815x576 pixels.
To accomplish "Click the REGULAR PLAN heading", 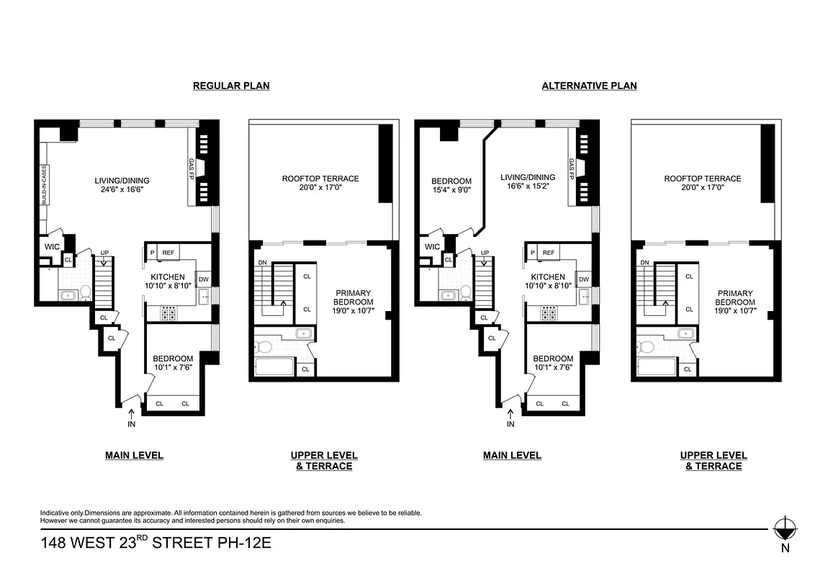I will pyautogui.click(x=231, y=86).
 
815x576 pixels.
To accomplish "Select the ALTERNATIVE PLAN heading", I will pyautogui.click(x=589, y=86).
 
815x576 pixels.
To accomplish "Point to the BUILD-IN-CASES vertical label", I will pyautogui.click(x=44, y=184).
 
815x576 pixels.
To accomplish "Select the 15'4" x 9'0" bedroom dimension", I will pyautogui.click(x=451, y=191).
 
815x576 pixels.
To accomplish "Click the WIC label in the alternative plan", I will pyautogui.click(x=432, y=247).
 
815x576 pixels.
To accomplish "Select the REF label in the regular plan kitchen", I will pyautogui.click(x=168, y=253).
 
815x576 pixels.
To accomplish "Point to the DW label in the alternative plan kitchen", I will pyautogui.click(x=584, y=279).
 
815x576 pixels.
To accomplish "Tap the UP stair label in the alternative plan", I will pyautogui.click(x=485, y=253).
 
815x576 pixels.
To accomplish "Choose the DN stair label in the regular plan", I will pyautogui.click(x=262, y=263).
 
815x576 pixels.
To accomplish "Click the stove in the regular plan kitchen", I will pyautogui.click(x=171, y=312).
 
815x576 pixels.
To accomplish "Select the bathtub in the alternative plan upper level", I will pyautogui.click(x=655, y=367).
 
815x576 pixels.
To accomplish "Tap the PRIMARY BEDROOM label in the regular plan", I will pyautogui.click(x=354, y=298).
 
